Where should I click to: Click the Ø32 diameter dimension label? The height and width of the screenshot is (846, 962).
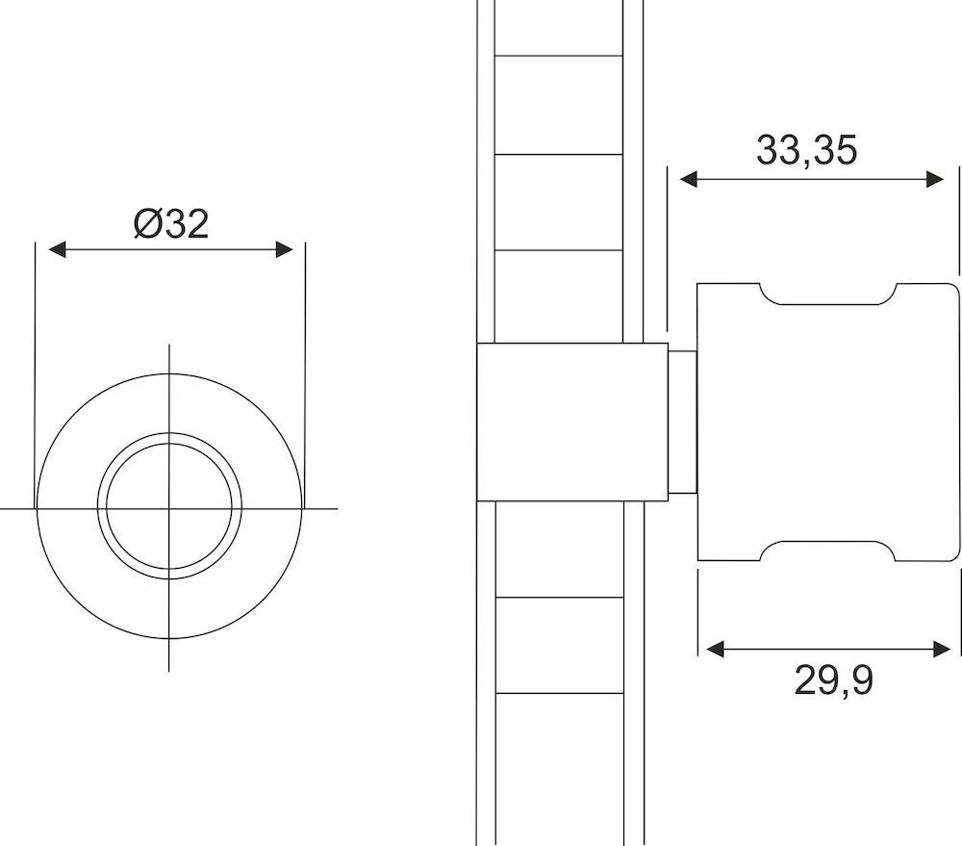(x=170, y=223)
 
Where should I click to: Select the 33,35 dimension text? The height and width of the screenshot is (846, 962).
(x=806, y=150)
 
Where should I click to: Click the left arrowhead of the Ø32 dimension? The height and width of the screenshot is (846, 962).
(x=57, y=250)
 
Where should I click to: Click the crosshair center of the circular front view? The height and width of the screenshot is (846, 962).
(x=169, y=507)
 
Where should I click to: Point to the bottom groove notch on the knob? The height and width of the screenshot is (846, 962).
(x=829, y=551)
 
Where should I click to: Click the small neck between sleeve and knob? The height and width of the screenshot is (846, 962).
(x=682, y=422)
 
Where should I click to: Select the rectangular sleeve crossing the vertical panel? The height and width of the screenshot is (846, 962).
(x=572, y=422)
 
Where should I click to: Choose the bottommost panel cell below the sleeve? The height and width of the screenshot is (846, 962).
(x=558, y=770)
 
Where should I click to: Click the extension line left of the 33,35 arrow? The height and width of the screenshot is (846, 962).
(x=665, y=250)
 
